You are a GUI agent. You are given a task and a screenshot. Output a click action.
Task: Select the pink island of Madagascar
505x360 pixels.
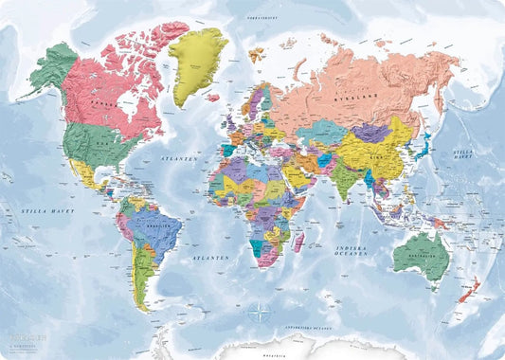pyautogui.click(x=297, y=243)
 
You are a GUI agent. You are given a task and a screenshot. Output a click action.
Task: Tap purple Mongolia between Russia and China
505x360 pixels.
pyautogui.click(x=372, y=132)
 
